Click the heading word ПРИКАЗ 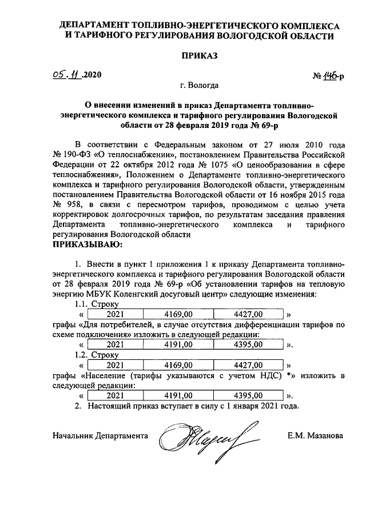click(200, 56)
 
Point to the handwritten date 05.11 click(66, 75)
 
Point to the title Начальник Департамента click(100, 435)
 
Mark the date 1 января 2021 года click(262, 406)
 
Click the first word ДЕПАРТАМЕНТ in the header click(98, 26)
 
